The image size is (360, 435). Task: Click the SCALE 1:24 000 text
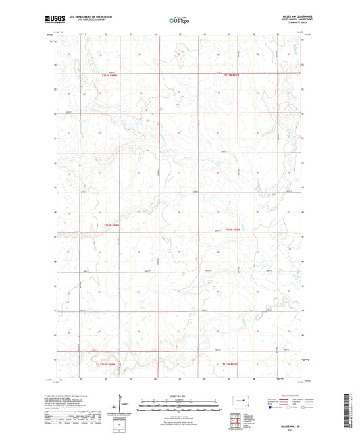(x=180, y=396)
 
